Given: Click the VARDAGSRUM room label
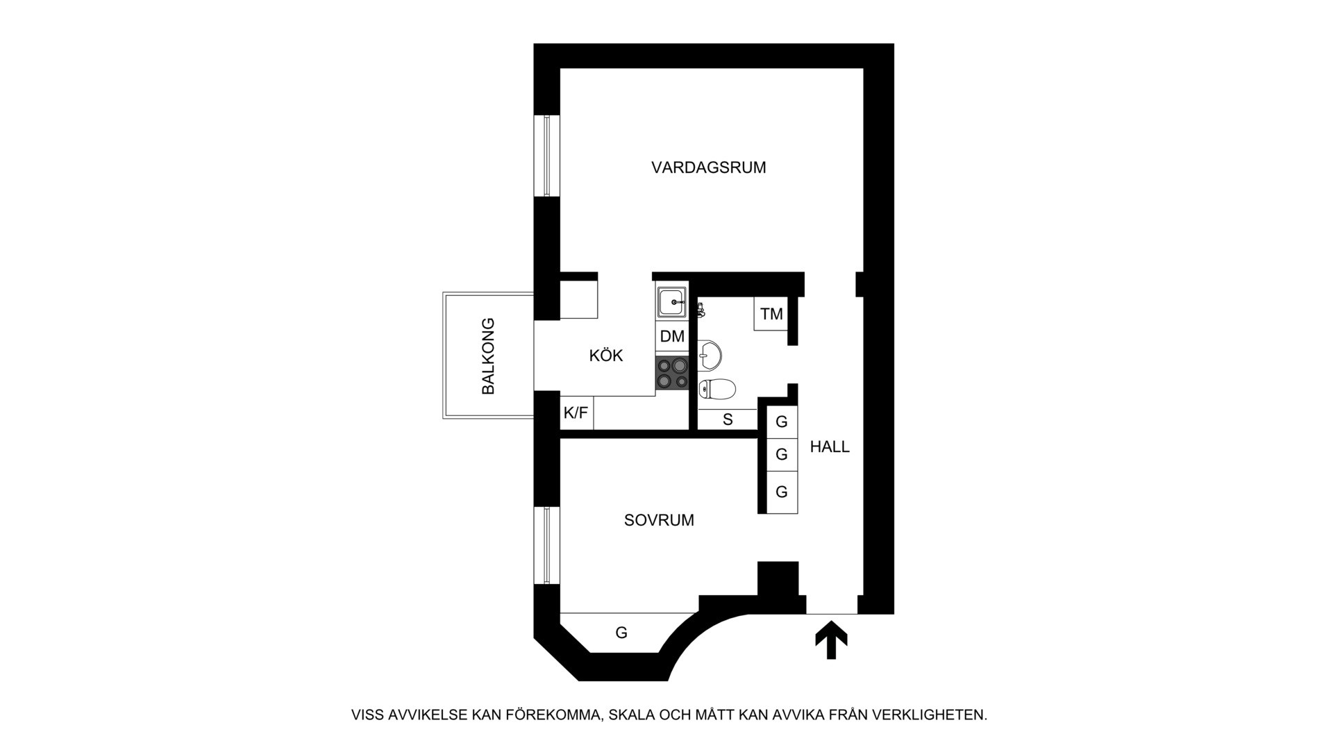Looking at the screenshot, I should pos(708,167).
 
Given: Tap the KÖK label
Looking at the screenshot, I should pos(606,356).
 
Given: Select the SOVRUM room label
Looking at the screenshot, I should pos(659,520).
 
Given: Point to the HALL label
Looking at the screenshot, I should pos(830,447).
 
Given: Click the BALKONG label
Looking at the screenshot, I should pos(489,356).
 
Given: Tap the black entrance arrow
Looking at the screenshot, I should pos(831,640).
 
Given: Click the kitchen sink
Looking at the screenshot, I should pos(672,303).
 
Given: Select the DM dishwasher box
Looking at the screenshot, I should pos(672,337).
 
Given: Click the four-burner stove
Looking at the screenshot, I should pos(672,373).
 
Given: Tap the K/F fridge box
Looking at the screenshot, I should pos(576,413).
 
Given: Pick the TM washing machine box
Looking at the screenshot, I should pos(771,314).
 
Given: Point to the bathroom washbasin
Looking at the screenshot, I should pos(709,354).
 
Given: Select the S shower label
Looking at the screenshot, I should pos(728,419).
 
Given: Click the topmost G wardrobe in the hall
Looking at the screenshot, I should pos(782,422).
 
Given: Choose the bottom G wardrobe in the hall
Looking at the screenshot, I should pos(782,492).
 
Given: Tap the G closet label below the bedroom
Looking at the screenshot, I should pos(621,633).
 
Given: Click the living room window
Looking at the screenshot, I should pos(547,156).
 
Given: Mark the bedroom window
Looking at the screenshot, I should pos(547,545).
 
